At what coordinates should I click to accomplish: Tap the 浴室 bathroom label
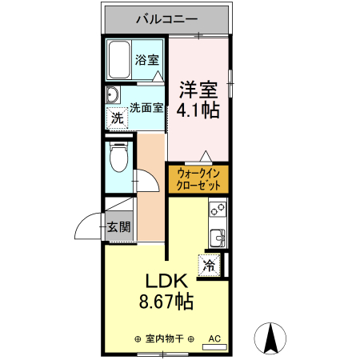click(146, 59)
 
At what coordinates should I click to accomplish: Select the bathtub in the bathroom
click(120, 58)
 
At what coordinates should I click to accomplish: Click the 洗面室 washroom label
click(146, 103)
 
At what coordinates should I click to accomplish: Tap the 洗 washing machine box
click(118, 118)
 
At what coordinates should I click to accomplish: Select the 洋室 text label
click(198, 87)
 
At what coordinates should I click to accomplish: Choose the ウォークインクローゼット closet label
click(198, 178)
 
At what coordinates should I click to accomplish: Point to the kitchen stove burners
click(217, 210)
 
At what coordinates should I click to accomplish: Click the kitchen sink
click(217, 238)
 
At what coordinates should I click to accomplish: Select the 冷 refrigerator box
click(210, 266)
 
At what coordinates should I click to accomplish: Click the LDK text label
click(166, 282)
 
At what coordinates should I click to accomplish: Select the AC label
click(214, 338)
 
